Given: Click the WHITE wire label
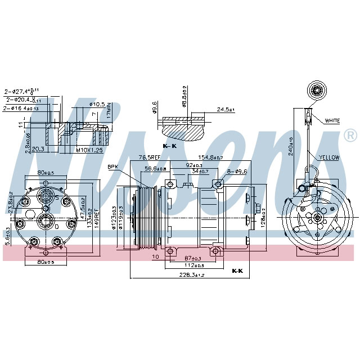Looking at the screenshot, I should click(x=332, y=120).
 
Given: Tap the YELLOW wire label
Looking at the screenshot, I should click(x=330, y=157).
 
